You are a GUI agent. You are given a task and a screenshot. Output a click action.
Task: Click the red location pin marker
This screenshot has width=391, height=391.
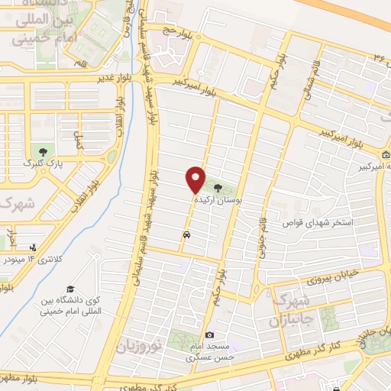pyautogui.click(x=196, y=179)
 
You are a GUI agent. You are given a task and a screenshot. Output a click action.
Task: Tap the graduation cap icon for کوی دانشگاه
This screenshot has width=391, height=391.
pyautogui.click(x=70, y=289)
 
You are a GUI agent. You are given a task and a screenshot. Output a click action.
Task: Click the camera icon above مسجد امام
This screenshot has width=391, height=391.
pyautogui.click(x=210, y=334)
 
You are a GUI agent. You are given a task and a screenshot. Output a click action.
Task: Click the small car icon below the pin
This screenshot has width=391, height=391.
pyautogui.click(x=187, y=234)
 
